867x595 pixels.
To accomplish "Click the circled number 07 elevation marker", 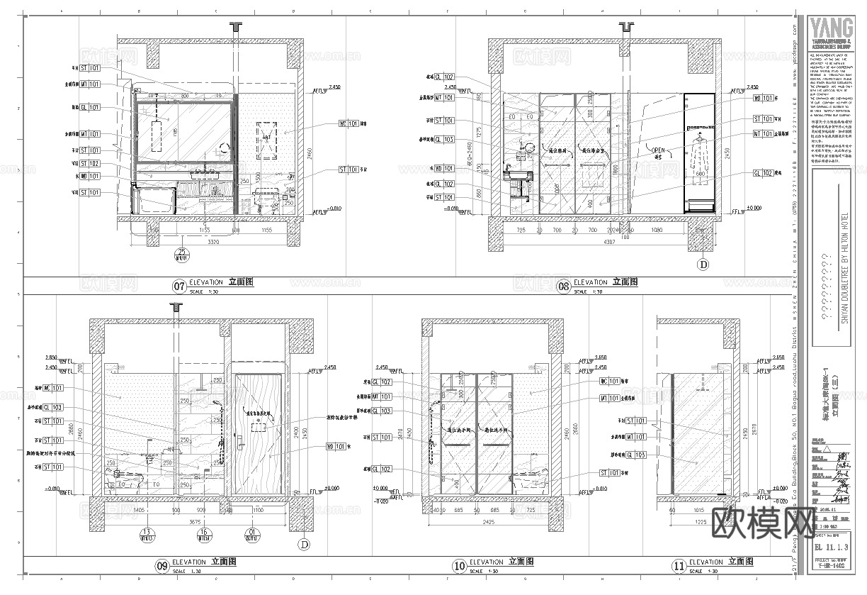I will coord(179,287).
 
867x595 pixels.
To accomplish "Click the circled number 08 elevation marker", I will coord(564,287).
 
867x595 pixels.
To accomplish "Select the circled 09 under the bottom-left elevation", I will coord(162,565).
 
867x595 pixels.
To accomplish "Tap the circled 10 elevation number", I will coord(460,565).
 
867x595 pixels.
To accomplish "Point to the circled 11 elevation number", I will coord(679,565).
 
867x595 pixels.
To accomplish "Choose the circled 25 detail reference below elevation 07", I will coord(183,253).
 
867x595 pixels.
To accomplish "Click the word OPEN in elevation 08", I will coord(658,150).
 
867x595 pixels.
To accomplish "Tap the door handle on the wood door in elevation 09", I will coord(249,420).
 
